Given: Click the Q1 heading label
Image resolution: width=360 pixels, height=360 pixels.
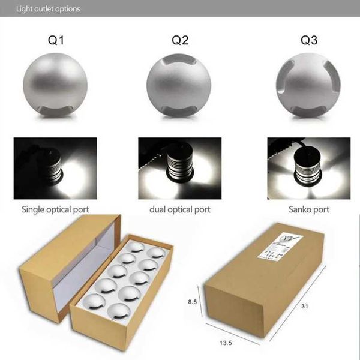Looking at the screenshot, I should tap(56, 41).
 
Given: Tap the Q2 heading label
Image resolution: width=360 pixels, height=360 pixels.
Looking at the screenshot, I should tap(180, 41).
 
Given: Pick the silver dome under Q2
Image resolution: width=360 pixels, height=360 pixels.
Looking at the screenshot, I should tap(179, 85).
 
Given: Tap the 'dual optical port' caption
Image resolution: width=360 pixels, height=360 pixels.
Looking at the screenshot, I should tap(180, 209).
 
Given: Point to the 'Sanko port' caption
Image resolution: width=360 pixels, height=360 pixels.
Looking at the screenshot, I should tap(308, 209).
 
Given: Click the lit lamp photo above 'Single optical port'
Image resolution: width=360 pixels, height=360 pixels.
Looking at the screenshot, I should tap(56, 167).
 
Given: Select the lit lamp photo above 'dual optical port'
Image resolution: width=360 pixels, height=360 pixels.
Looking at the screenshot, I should tap(179, 167).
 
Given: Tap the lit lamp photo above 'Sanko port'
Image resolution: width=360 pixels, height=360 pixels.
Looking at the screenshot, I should tap(308, 167).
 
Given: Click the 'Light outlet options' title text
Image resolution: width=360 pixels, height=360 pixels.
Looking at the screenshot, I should tap(48, 9).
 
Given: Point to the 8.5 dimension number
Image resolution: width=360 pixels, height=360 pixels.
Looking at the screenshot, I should tap(191, 302).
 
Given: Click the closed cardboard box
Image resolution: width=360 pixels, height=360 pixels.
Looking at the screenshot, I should tap(264, 288).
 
